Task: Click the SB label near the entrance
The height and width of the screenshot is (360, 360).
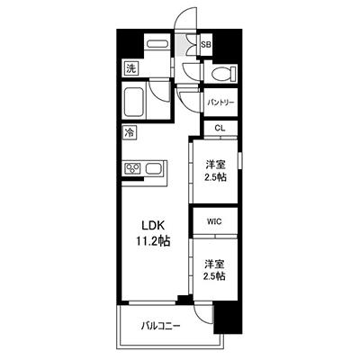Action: click(x=206, y=45)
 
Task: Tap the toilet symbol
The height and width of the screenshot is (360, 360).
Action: click(x=223, y=73)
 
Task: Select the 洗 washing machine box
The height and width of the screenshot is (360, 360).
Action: click(x=130, y=68)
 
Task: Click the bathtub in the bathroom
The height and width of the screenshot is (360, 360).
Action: click(x=135, y=103)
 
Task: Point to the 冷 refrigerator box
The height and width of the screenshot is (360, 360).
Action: click(x=130, y=132)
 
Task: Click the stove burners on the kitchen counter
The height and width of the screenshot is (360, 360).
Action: click(x=132, y=167)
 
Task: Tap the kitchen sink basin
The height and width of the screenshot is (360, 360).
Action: click(x=154, y=168)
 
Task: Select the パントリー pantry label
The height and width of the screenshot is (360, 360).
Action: click(x=220, y=103)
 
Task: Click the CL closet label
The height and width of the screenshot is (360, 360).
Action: click(x=220, y=128)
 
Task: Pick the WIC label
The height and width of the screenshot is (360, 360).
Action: click(x=215, y=221)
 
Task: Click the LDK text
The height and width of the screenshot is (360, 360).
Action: click(x=153, y=225)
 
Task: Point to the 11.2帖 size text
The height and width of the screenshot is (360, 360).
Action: click(x=153, y=240)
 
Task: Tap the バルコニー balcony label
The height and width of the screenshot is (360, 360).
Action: click(x=161, y=326)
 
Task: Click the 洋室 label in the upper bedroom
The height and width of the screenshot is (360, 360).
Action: click(x=216, y=165)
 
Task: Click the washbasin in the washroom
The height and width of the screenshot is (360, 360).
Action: click(x=157, y=44)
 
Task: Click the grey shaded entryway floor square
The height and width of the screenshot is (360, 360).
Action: click(x=181, y=45)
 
